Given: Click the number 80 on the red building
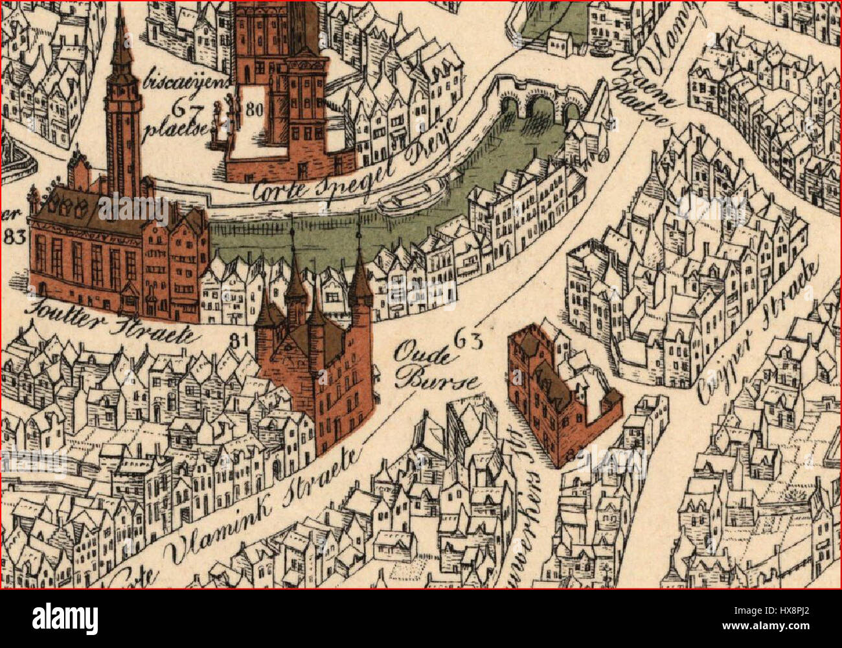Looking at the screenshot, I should [254, 109].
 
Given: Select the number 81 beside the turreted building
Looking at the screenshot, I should [240, 338].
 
